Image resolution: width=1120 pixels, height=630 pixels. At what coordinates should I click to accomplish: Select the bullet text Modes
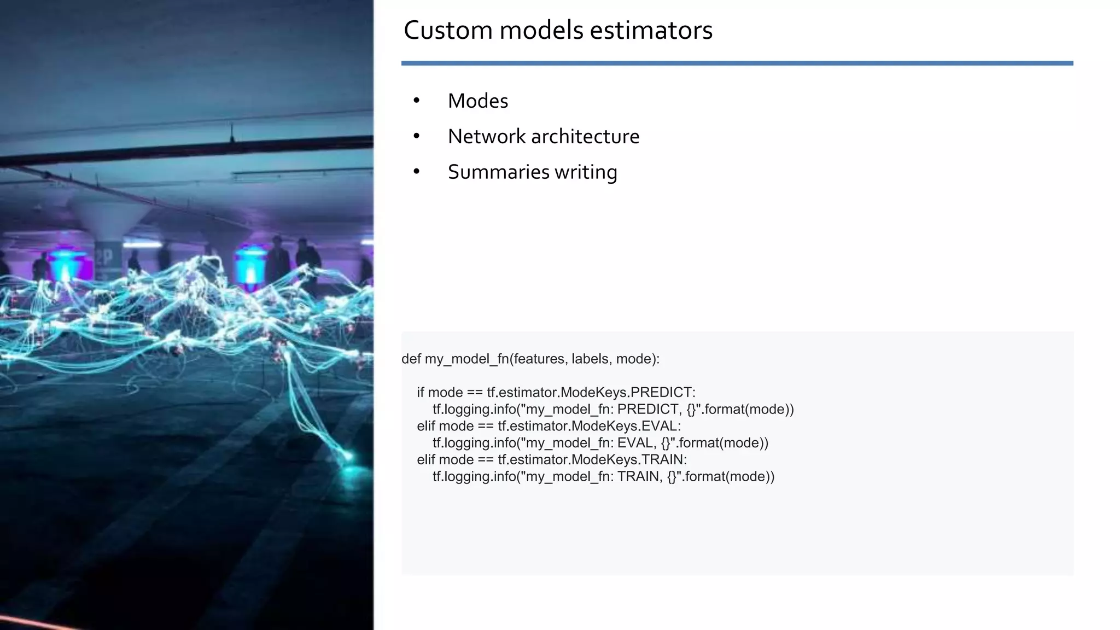(477, 101)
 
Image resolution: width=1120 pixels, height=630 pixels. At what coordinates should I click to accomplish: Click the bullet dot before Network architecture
(417, 136)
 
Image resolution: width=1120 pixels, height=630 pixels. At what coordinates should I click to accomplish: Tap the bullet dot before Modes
(417, 101)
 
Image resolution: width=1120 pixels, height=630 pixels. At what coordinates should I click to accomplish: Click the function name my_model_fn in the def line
(466, 359)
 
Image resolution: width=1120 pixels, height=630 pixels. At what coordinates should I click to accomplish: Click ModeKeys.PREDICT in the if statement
(628, 393)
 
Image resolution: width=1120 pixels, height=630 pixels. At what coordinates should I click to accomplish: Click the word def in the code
(411, 359)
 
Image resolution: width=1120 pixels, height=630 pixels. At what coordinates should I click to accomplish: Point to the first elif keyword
(426, 426)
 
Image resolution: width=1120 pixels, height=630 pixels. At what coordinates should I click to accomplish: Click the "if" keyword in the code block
(421, 393)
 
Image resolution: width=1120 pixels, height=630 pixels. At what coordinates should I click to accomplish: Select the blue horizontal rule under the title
(737, 63)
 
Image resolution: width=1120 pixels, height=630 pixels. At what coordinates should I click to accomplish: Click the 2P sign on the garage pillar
(104, 257)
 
